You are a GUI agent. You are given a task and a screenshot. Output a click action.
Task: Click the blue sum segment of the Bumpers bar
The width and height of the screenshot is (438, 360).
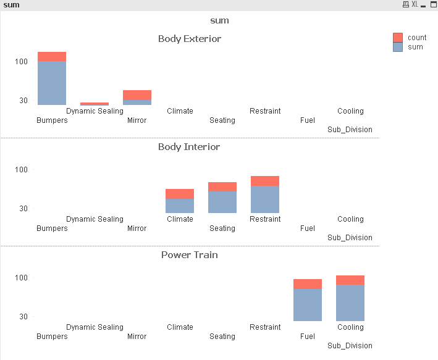pos(52,83)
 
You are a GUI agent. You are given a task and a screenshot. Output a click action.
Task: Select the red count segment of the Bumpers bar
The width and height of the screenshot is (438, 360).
pos(52,57)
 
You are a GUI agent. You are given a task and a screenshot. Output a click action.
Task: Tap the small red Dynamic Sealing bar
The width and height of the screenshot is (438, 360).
pos(95,104)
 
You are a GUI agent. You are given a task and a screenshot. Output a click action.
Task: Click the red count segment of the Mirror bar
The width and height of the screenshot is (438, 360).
pos(137,94)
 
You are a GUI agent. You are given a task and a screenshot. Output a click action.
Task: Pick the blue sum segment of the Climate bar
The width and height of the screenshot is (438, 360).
pos(180,206)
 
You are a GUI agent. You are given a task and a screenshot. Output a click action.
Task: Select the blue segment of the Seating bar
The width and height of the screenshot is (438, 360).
pos(222,202)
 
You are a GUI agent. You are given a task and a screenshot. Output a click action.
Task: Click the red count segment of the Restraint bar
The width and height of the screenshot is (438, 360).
pos(265,181)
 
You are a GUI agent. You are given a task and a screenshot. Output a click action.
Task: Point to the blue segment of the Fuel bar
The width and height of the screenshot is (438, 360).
pos(308,305)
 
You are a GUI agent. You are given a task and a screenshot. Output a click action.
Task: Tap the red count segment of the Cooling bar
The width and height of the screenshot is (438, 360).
pos(350,280)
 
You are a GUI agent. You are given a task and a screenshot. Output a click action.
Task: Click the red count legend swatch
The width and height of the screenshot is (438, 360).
pos(398,38)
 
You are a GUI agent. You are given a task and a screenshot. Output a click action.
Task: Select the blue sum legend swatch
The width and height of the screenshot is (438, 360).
pos(398,47)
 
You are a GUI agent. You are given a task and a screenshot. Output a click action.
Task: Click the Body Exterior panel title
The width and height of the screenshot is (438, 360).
pos(190,39)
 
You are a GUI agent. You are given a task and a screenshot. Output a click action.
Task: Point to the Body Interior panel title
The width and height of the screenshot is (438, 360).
pos(189,147)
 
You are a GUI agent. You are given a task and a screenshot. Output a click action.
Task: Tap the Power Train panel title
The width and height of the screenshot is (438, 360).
pos(190,255)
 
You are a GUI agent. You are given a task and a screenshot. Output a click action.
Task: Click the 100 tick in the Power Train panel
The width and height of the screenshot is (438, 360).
pos(22,278)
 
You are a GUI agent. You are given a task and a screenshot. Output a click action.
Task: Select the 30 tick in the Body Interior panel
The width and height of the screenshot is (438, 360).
pos(23,209)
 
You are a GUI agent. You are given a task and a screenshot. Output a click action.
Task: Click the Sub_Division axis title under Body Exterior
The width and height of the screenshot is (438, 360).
pos(350,130)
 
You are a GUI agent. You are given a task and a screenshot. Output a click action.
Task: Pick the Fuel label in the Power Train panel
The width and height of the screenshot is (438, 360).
pos(308,337)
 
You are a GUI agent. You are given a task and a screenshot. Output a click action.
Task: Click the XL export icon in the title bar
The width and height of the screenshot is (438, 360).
pos(415,4)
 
